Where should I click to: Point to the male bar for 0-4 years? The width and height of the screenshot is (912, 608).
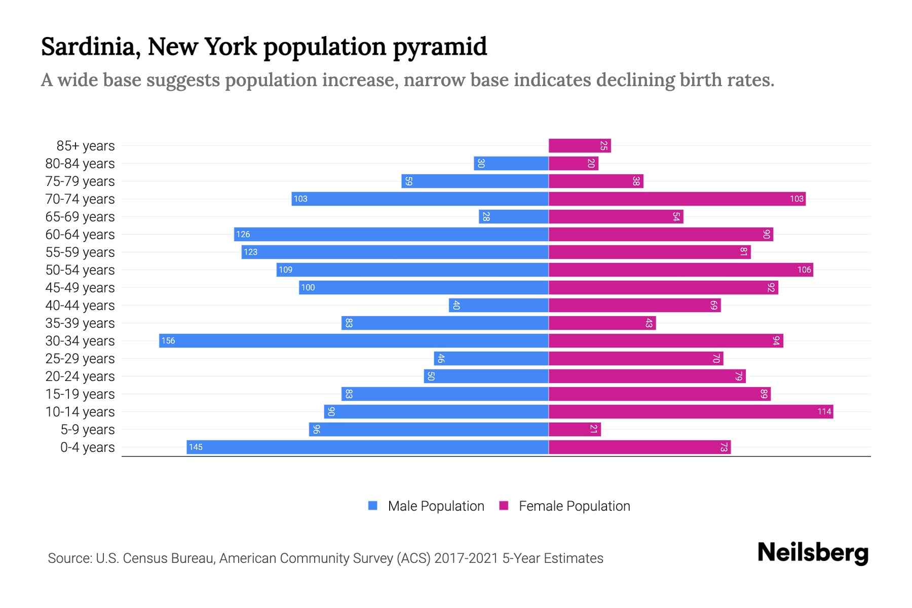coord(367,447)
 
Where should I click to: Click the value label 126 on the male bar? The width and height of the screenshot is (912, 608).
coord(243,234)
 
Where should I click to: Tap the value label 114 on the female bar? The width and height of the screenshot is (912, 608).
coord(824,411)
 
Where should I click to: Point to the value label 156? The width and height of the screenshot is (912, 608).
coord(168,340)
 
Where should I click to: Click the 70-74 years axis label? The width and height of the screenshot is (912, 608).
coord(80,199)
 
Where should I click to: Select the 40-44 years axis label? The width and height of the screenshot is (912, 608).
coord(80,306)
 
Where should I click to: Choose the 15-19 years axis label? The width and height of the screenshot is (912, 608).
coord(80,394)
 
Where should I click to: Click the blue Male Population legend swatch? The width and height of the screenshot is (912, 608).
coord(373,506)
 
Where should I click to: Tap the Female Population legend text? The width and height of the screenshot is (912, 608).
coord(574,506)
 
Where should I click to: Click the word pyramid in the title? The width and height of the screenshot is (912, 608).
coord(440,47)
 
